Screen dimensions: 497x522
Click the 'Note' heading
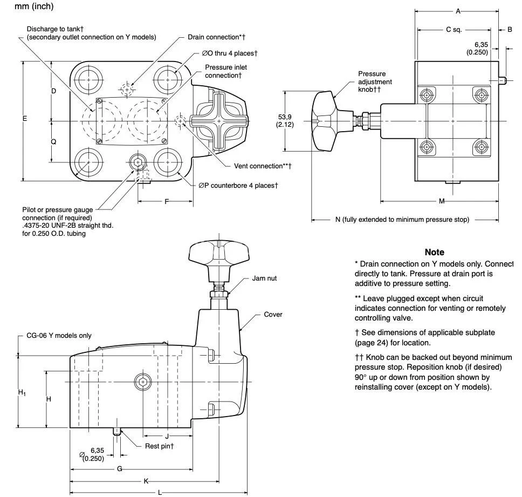point(434,252)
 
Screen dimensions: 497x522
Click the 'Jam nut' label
point(264,279)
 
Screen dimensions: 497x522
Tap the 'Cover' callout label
point(273,315)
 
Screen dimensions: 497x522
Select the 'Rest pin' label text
point(159,446)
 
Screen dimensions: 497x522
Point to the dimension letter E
point(24,118)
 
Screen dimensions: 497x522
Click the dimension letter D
point(53,91)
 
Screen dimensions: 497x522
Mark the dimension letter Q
point(53,141)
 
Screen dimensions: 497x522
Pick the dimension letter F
point(167,201)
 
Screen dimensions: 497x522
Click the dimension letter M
point(442,201)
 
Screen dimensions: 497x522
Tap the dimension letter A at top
point(458,11)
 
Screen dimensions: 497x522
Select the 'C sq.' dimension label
point(454,30)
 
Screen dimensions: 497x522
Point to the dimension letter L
point(160,492)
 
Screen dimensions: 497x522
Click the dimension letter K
point(146,481)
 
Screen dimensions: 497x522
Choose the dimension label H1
point(22,393)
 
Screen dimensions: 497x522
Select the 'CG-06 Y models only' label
point(59,335)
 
